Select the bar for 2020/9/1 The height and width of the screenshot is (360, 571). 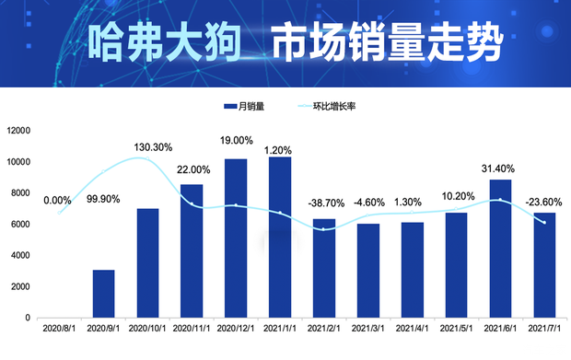[104, 294]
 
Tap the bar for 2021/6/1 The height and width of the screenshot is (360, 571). [500, 249]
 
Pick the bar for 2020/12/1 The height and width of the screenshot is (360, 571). [236, 238]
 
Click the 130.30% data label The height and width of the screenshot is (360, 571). [153, 147]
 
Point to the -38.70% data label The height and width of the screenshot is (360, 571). [323, 202]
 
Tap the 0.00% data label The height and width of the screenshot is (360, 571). [57, 200]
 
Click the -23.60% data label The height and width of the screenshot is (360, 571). [544, 202]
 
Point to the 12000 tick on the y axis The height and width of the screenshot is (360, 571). [18, 131]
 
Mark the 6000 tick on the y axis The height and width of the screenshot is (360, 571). [21, 225]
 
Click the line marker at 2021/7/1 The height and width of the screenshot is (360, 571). [544, 222]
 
